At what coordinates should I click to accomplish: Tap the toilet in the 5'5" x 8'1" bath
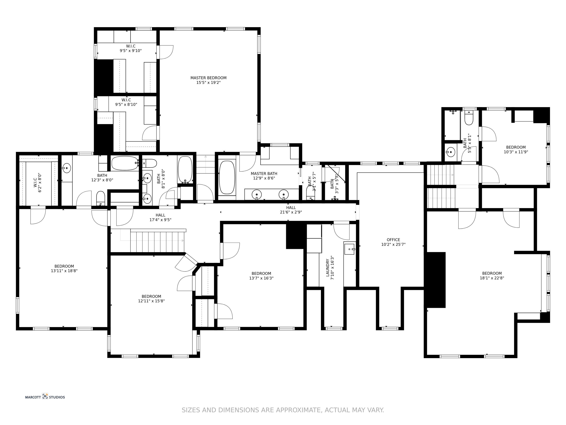(x=469, y=118)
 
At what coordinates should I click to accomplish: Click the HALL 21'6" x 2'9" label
(x=291, y=209)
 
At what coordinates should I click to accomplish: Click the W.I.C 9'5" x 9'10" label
(x=131, y=48)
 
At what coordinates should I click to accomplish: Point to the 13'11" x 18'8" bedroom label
(x=64, y=268)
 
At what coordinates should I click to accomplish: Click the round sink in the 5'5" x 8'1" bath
(x=450, y=152)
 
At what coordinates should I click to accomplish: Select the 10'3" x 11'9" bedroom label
(x=516, y=149)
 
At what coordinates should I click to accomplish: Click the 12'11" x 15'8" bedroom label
(x=151, y=298)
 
